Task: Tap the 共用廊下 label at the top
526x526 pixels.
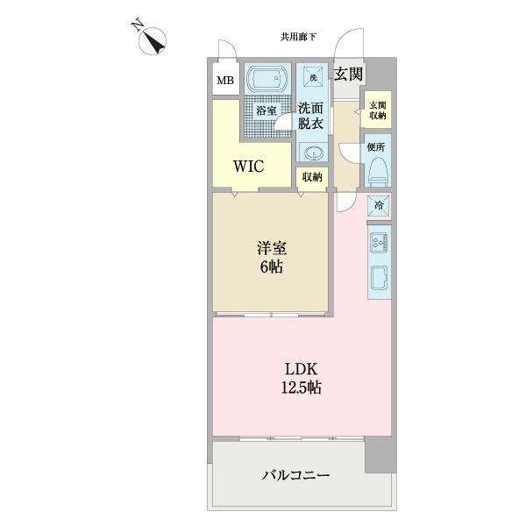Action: [x=298, y=37]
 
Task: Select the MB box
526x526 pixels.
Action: [x=225, y=82]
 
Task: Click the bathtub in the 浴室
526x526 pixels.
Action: [x=267, y=80]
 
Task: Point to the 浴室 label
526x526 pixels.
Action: [x=267, y=110]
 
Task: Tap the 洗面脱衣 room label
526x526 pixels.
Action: [x=311, y=116]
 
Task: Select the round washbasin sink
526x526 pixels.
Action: [x=312, y=154]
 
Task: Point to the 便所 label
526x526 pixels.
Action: [x=378, y=146]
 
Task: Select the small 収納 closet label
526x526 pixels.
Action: [x=312, y=176]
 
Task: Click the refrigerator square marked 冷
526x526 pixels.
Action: [x=379, y=205]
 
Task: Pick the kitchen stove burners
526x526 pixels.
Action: [x=380, y=242]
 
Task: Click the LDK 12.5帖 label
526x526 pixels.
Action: [x=301, y=378]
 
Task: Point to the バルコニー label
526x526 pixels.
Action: [x=296, y=476]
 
